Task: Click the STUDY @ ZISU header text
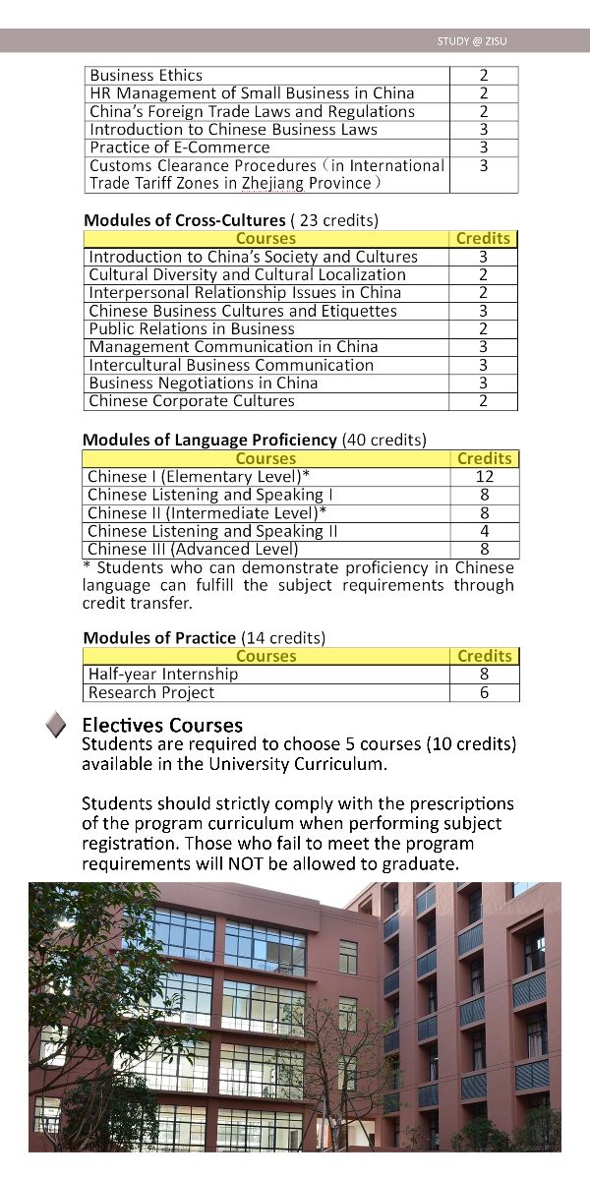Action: (x=472, y=41)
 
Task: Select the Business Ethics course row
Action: (x=147, y=75)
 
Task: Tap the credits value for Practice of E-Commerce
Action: (x=484, y=147)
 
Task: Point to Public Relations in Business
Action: (x=192, y=328)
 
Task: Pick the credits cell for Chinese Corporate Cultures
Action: (x=484, y=401)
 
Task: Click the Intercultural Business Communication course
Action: (x=231, y=365)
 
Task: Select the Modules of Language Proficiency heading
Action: (x=209, y=440)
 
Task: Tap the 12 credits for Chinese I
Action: (x=484, y=477)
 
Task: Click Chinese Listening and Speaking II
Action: (x=212, y=531)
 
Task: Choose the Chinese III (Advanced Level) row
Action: (x=193, y=549)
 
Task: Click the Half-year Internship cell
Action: (x=163, y=675)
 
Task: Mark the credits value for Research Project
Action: (x=484, y=692)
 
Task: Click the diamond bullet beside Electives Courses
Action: (x=57, y=726)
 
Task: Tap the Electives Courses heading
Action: (x=162, y=726)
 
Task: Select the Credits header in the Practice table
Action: (x=484, y=656)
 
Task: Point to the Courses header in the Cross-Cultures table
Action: (x=265, y=238)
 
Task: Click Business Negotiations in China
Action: (x=204, y=383)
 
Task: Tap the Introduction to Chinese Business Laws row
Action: (x=234, y=129)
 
